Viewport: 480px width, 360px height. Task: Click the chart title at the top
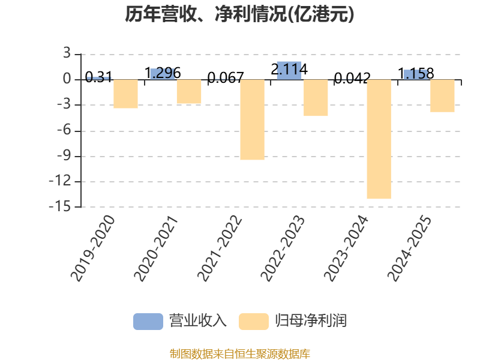tap(239, 14)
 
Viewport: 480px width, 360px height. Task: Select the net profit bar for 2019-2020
tap(125, 94)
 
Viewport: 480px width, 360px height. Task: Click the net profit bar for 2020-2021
tap(188, 92)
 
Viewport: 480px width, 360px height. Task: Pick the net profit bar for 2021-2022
tap(252, 120)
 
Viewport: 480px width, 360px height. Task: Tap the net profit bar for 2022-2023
tap(316, 98)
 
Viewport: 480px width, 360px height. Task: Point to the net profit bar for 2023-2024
tap(379, 139)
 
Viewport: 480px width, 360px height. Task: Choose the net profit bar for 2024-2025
tap(442, 96)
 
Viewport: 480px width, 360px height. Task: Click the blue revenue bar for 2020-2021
tap(162, 74)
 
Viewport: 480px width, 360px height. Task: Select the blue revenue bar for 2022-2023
tap(289, 70)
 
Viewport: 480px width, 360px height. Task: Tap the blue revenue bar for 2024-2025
tap(415, 74)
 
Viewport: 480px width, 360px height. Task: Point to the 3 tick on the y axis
tap(67, 54)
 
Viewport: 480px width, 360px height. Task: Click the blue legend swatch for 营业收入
tap(148, 321)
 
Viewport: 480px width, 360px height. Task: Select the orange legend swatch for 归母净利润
tap(253, 321)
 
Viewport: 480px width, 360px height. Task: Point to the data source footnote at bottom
tap(239, 353)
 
